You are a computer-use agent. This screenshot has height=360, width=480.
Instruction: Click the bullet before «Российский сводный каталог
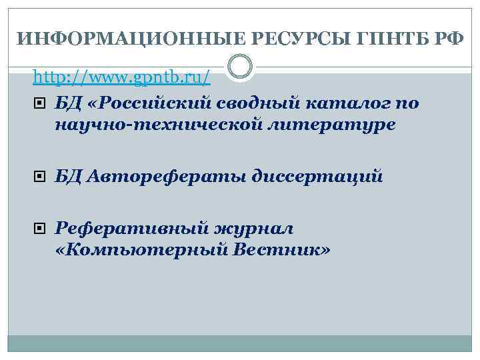(x=41, y=103)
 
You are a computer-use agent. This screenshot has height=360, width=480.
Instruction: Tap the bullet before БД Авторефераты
(x=41, y=177)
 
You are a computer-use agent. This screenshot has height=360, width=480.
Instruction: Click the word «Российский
(x=153, y=103)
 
